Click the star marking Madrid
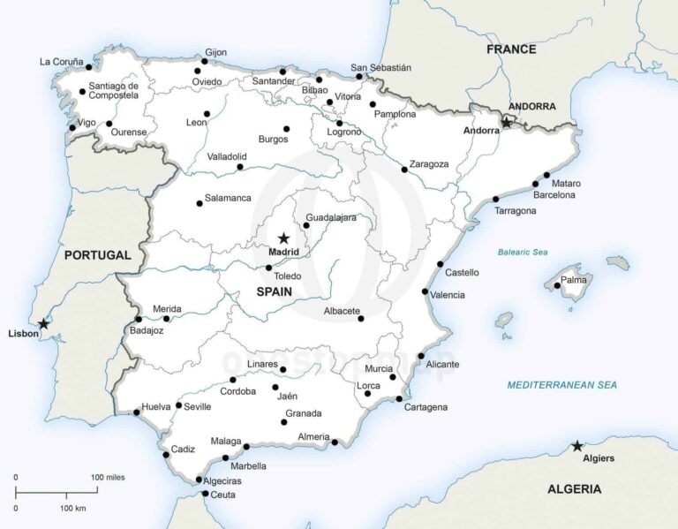[x=283, y=238]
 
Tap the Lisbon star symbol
[x=43, y=323]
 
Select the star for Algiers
[x=576, y=446]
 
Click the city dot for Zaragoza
[x=404, y=170]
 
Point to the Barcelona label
[x=554, y=194]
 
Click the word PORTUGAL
[x=97, y=255]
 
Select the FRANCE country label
[x=511, y=49]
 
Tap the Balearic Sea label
[x=522, y=253]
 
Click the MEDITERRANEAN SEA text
[x=561, y=385]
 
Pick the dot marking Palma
[x=556, y=286]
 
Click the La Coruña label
[x=61, y=62]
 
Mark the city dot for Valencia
[x=425, y=291]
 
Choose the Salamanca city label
[x=228, y=198]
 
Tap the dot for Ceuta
[x=206, y=494]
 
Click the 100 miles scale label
[x=108, y=477]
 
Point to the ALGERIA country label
[x=574, y=488]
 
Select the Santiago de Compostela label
[x=114, y=90]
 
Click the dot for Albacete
[x=360, y=319]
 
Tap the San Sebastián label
[x=380, y=67]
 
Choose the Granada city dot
[x=284, y=422]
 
